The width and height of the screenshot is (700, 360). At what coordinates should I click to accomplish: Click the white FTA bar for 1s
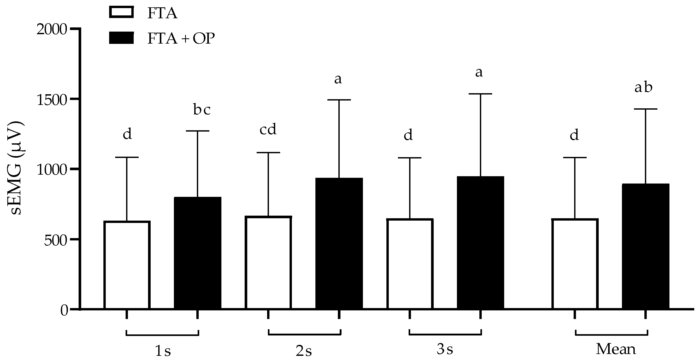click(x=127, y=265)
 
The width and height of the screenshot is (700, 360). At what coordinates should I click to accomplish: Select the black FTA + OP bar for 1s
click(x=198, y=253)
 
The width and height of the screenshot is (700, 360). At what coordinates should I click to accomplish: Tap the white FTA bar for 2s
click(x=268, y=262)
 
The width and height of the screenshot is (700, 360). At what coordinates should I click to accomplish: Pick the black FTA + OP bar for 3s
click(x=480, y=243)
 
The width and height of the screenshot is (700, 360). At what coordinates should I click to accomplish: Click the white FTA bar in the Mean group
click(x=575, y=264)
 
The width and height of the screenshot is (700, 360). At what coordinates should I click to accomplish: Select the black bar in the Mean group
click(x=646, y=246)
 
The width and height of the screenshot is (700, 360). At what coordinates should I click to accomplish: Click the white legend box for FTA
click(x=121, y=12)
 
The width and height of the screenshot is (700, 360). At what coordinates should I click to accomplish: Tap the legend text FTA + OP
click(x=181, y=38)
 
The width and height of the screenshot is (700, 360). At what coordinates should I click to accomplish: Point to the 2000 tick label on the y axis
click(x=52, y=29)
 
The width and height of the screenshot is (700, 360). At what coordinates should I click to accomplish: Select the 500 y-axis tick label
click(x=55, y=240)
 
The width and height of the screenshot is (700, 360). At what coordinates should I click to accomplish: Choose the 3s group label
click(x=445, y=349)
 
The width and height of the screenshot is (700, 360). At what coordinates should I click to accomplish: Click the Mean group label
click(x=616, y=349)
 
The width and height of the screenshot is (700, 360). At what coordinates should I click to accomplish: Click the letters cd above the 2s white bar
click(x=268, y=129)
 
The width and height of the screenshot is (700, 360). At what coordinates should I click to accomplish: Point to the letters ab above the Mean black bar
click(x=643, y=87)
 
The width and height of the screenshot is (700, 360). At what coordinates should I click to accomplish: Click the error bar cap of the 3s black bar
click(x=480, y=94)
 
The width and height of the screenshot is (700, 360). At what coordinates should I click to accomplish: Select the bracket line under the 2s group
click(x=304, y=334)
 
